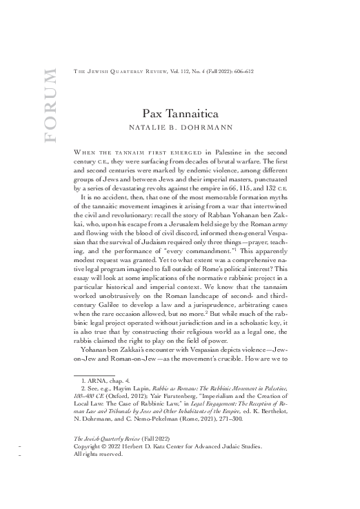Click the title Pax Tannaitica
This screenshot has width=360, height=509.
(180, 112)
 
